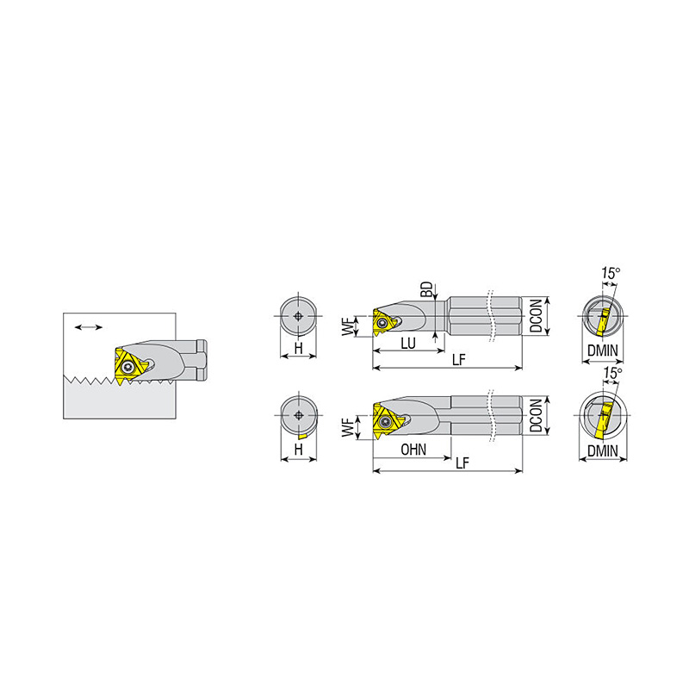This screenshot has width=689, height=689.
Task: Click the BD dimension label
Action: (x=426, y=290)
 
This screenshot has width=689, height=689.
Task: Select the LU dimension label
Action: (x=408, y=343)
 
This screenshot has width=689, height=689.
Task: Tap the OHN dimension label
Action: (x=413, y=450)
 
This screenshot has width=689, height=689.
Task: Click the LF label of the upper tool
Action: (x=458, y=360)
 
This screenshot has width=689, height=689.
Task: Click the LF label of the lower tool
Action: (x=462, y=462)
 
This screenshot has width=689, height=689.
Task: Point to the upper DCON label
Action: (x=536, y=315)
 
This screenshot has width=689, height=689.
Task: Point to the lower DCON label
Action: (x=536, y=415)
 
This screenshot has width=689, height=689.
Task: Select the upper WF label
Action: (x=348, y=327)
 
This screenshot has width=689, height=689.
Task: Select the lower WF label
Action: (x=348, y=427)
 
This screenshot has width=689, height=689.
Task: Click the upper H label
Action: (x=298, y=349)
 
